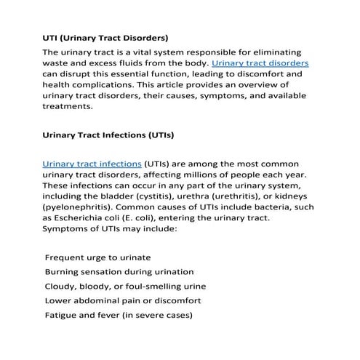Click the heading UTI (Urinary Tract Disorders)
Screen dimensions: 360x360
coord(105,36)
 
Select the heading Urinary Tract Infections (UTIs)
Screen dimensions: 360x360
coord(108,135)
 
